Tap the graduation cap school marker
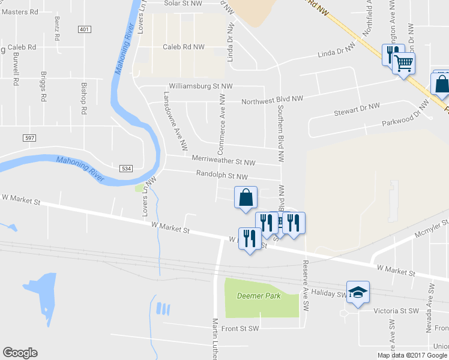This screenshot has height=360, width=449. pyautogui.click(x=358, y=292)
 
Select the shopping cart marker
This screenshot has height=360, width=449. pyautogui.click(x=404, y=62)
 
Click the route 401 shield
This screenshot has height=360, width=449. pyautogui.click(x=84, y=29)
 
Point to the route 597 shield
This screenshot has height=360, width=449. pyautogui.click(x=29, y=138)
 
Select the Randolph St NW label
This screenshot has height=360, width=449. pyautogui.click(x=222, y=176)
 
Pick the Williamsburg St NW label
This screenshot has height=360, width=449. pyautogui.click(x=200, y=86)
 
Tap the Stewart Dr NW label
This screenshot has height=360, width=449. pyautogui.click(x=357, y=109)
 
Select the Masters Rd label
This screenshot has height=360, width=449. pyautogui.click(x=20, y=11)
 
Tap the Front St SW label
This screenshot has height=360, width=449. pyautogui.click(x=240, y=328)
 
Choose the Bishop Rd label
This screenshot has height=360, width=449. pyautogui.click(x=84, y=99)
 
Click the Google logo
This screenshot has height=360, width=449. pyautogui.click(x=20, y=353)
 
